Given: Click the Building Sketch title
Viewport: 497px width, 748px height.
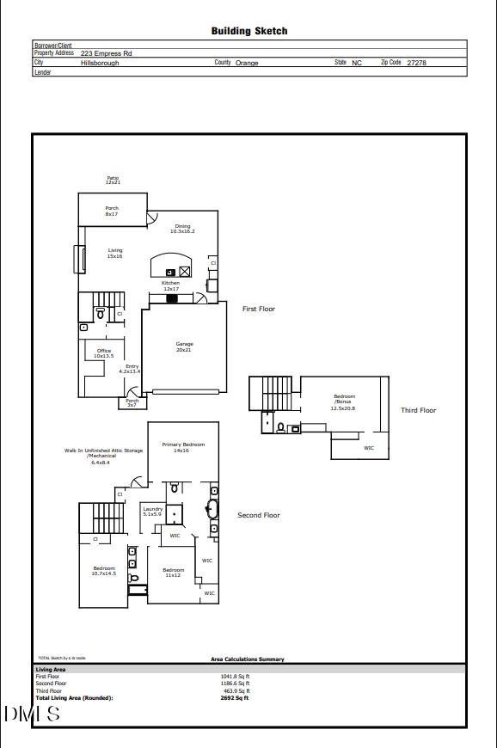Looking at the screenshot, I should coord(249,31).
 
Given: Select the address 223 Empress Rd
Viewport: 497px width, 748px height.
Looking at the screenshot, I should coord(106,53).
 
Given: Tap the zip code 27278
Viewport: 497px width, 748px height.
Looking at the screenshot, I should coord(418,63).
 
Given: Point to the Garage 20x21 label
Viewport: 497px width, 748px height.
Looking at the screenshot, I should coord(184,346).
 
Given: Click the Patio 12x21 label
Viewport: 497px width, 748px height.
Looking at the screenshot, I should coord(113,181).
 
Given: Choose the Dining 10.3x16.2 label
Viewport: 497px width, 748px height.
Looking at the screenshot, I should coord(182,229).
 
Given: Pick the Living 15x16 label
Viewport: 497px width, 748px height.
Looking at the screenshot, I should coord(115,254).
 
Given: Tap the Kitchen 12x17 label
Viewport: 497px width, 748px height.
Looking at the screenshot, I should coord(171,285).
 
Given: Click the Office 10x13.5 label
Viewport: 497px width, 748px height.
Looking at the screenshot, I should coord(103,353).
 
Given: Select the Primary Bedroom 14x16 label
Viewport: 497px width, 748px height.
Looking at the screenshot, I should coord(183,447).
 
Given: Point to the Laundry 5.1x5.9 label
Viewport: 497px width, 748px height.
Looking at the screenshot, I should coord(152,511).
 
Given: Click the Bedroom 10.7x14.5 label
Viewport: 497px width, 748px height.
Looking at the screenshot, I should coord(104,570).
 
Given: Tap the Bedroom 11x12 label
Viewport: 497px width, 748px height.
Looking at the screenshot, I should coord(174,572).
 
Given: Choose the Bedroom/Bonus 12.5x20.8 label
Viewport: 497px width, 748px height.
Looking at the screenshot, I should coord(344,402).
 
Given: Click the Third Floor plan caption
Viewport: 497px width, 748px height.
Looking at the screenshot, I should coord(418,410).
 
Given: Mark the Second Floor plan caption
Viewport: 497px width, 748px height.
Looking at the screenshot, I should coord(259,515).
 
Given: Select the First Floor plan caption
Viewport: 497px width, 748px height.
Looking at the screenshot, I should coord(259,309).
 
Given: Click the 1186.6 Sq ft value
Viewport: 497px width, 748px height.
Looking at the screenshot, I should coord(235,684).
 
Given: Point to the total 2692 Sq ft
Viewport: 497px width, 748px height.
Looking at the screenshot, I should coord(235,698).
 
